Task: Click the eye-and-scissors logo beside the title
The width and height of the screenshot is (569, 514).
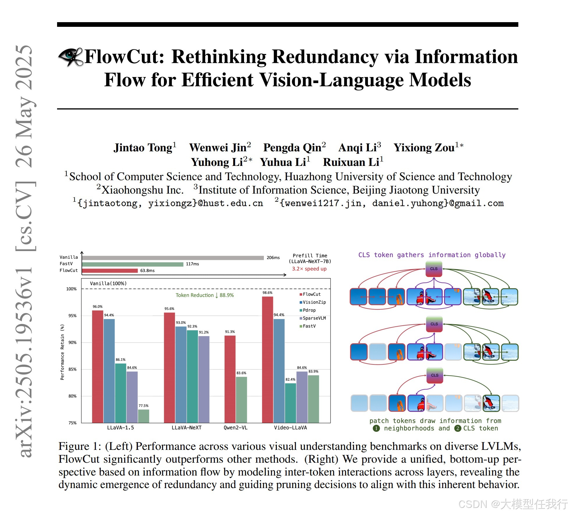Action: pyautogui.click(x=71, y=57)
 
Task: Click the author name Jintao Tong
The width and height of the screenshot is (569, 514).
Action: pyautogui.click(x=143, y=148)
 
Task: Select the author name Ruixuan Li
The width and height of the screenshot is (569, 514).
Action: pyautogui.click(x=351, y=162)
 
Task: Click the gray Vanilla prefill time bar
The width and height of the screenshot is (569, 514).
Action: pyautogui.click(x=173, y=258)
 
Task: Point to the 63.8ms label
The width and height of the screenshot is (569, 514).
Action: pyautogui.click(x=147, y=271)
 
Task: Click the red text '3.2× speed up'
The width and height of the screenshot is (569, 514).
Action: pyautogui.click(x=309, y=269)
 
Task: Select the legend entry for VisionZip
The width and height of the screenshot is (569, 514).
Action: pyautogui.click(x=314, y=302)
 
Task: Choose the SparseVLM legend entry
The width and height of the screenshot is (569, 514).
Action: pyautogui.click(x=314, y=318)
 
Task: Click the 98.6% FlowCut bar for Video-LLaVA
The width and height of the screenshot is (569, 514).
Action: pyautogui.click(x=267, y=359)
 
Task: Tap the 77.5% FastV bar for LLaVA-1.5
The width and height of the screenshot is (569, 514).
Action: pyautogui.click(x=144, y=416)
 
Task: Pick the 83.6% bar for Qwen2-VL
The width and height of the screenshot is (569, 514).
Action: pyautogui.click(x=241, y=399)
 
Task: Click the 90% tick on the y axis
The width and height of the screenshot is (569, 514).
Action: pyautogui.click(x=72, y=343)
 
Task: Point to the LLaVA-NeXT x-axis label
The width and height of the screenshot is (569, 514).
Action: pyautogui.click(x=186, y=428)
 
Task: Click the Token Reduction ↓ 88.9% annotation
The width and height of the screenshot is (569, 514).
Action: pyautogui.click(x=205, y=295)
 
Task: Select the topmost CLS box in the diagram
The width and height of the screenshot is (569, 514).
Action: pyautogui.click(x=434, y=269)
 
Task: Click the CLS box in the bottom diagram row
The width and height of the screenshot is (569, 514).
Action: pyautogui.click(x=434, y=375)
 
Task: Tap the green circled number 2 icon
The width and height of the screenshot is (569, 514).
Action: pyautogui.click(x=458, y=428)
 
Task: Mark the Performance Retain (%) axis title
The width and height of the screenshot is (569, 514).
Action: pyautogui.click(x=62, y=352)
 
